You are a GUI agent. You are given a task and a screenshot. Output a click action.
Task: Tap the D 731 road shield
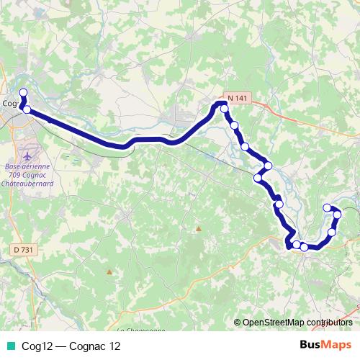coord(24,249)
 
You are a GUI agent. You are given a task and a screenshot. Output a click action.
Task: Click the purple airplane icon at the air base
coord(28,155)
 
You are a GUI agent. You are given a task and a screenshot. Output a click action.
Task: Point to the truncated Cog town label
coord(9,102)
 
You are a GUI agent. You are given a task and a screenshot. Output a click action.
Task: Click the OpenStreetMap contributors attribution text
coord(297,323)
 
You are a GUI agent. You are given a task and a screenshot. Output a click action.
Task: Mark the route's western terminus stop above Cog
coord(23,92)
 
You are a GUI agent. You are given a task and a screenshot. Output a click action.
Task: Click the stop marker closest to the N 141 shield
coord(225,109)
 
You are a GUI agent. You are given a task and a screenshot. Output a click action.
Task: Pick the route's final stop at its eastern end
coord(328,208)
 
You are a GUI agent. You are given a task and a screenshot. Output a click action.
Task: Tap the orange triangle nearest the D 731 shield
coord(109,271)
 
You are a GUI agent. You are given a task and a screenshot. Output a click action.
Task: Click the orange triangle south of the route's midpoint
coord(199,229)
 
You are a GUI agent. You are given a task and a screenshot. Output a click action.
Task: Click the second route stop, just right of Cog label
coord(27,109)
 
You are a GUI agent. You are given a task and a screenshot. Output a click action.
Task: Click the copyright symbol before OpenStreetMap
coord(238,323)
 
